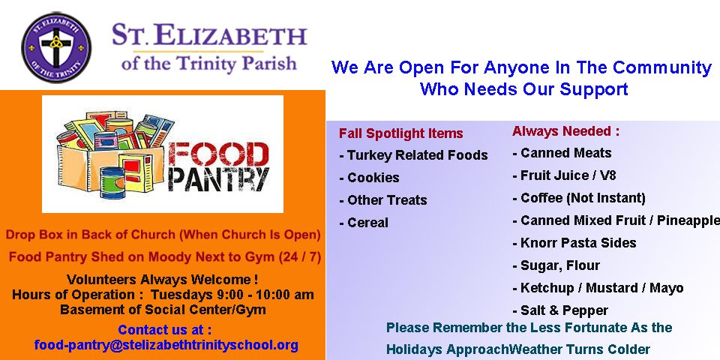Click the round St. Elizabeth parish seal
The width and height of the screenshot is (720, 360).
tap(56, 48)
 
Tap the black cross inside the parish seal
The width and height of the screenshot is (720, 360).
tap(56, 46)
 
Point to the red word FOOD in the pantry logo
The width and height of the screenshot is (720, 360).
tap(218, 154)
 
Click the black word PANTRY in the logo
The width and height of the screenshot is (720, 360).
tap(218, 179)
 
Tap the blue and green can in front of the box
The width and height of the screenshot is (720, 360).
tap(112, 182)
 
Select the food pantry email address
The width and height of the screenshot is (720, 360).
tap(166, 345)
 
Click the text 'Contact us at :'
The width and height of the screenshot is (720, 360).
tap(165, 330)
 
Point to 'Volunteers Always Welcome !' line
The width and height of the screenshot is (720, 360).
tap(162, 279)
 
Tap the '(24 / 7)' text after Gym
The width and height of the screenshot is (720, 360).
tap(300, 257)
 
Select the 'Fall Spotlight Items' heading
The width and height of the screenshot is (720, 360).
tap(400, 133)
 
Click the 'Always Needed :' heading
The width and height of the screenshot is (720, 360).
tap(565, 131)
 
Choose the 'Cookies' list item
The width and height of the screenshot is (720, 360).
tap(369, 178)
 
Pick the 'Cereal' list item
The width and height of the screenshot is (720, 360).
tap(364, 223)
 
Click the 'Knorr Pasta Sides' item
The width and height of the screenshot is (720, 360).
tap(574, 243)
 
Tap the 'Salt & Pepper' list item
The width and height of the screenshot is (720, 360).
tap(560, 310)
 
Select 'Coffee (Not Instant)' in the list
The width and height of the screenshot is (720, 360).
tap(579, 198)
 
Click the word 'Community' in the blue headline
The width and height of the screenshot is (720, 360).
tap(661, 67)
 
